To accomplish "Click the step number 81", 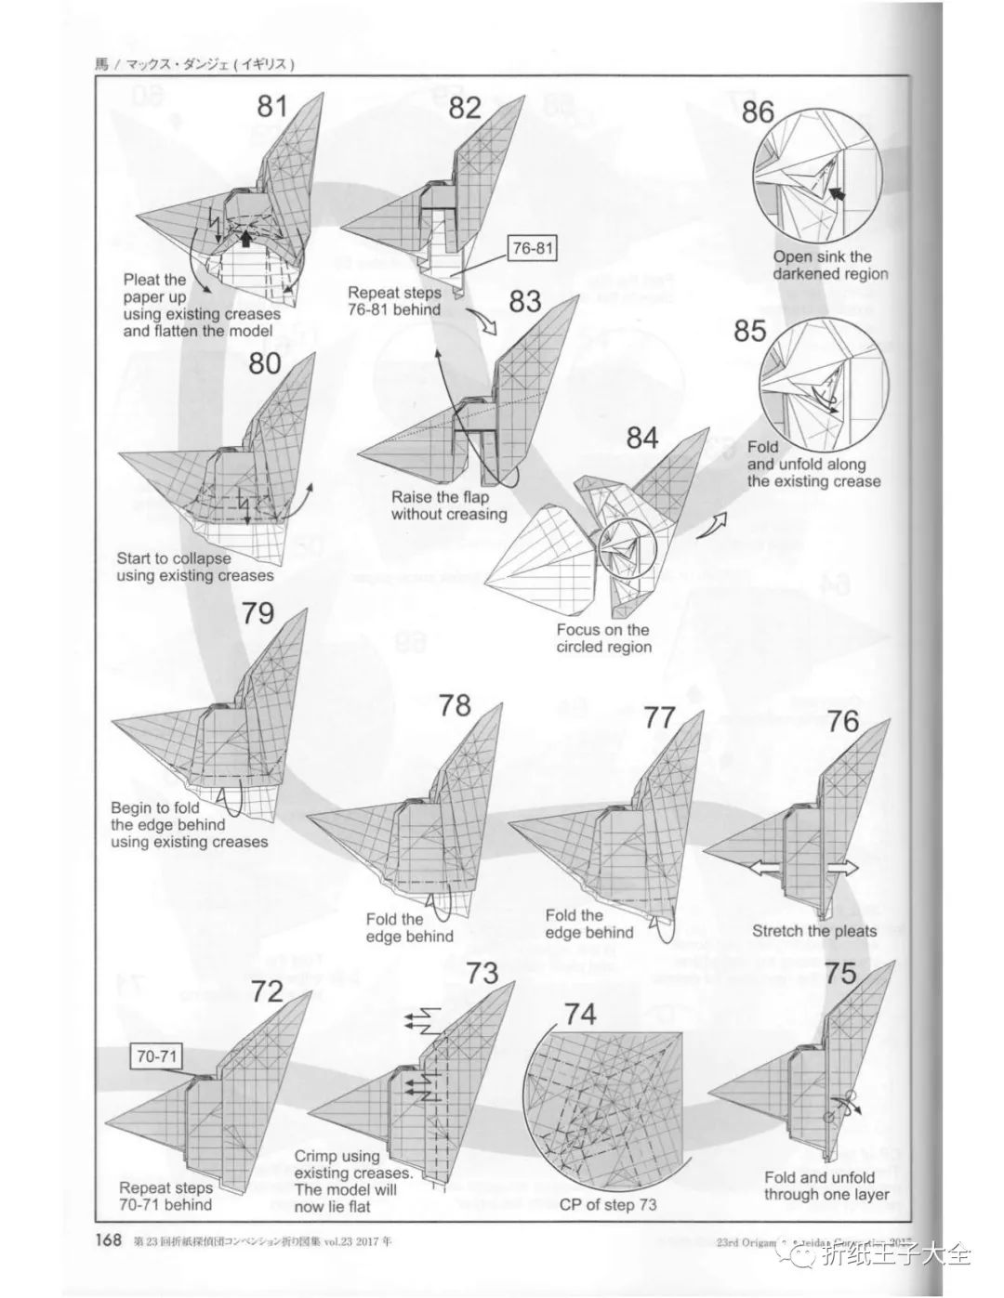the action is (x=272, y=106).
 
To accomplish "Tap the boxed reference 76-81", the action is (x=532, y=249).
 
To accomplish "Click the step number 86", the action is (x=758, y=111).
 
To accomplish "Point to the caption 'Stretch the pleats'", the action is (x=813, y=931).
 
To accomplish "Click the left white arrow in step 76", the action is (x=764, y=868).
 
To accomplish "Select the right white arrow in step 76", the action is (x=842, y=868).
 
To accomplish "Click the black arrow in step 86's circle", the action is (x=839, y=194).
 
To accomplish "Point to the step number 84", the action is (x=641, y=438).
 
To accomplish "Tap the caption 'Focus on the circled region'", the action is (x=603, y=638).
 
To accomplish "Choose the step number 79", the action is (x=258, y=614).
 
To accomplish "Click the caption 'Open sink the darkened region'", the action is (x=830, y=265).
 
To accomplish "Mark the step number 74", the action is (x=580, y=1014).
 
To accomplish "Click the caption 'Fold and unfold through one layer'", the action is (x=826, y=1186).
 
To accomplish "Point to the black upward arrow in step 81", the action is (x=244, y=238).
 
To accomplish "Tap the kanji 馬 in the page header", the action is (x=102, y=65).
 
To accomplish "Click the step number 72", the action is (x=267, y=991).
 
